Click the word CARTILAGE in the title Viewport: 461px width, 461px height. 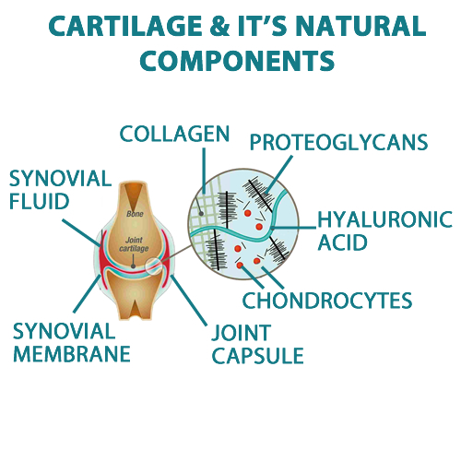pyautogui.click(x=125, y=26)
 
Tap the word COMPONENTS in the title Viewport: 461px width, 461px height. pyautogui.click(x=237, y=61)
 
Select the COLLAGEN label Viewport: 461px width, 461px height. pyautogui.click(x=174, y=134)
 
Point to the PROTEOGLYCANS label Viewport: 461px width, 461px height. pyautogui.click(x=338, y=142)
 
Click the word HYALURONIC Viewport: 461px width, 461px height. pyautogui.click(x=384, y=219)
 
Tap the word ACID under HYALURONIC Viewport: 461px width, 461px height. pyautogui.click(x=342, y=242)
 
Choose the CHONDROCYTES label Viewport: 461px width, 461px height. pyautogui.click(x=327, y=301)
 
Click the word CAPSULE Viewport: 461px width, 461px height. pyautogui.click(x=258, y=356)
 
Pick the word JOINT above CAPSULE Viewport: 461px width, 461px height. pyautogui.click(x=242, y=333)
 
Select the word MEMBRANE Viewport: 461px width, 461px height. pyautogui.click(x=72, y=354)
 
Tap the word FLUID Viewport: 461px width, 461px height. pyautogui.click(x=40, y=201)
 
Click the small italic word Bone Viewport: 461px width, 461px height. pyautogui.click(x=135, y=214)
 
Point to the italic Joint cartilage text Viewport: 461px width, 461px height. pyautogui.click(x=134, y=244)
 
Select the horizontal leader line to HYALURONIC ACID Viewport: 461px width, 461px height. pyautogui.click(x=294, y=228)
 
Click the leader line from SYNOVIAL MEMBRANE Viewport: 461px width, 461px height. pyautogui.click(x=87, y=294)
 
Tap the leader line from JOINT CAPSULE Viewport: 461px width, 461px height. pyautogui.click(x=189, y=300)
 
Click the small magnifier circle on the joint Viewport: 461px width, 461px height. pyautogui.click(x=154, y=266)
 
